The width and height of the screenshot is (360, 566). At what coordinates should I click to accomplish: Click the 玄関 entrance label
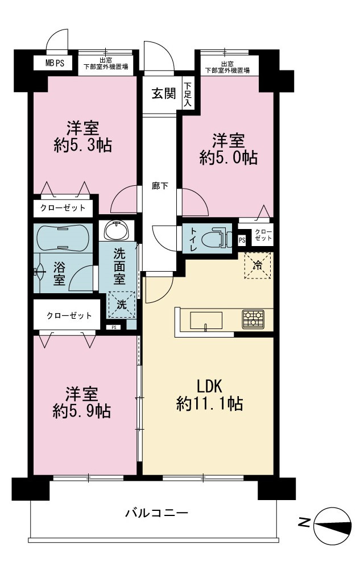coord(164,94)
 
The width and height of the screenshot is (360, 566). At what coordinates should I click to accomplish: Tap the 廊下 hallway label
coord(160,186)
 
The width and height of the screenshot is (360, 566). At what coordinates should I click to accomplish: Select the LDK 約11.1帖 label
coord(209,396)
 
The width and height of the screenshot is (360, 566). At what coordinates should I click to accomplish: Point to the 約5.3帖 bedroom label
coord(82,137)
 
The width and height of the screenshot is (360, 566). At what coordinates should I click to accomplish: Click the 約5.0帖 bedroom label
coord(228,149)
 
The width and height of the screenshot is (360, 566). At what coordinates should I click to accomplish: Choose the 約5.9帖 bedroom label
coord(81,403)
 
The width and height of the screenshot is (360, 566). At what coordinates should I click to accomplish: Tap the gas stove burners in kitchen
coord(253,319)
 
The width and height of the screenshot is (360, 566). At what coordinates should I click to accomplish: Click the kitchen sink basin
coord(206,321)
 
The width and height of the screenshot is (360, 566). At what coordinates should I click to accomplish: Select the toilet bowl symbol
coord(216,238)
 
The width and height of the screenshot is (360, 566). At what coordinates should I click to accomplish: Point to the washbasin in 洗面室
coord(116,230)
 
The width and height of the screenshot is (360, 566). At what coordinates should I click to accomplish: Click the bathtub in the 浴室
coord(63,238)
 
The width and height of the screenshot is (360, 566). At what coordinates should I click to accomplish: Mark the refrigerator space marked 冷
coord(258,266)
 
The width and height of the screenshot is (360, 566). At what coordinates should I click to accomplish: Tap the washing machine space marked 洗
coord(122,305)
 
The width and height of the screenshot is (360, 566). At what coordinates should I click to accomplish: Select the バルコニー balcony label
coord(156,513)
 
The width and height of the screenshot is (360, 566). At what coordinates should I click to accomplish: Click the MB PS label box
coord(54,63)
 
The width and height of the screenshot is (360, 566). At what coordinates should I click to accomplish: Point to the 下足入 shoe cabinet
coord(188,95)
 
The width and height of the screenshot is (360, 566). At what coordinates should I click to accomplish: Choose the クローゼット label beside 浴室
coord(69,316)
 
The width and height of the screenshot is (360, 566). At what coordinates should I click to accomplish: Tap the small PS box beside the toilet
coord(242,240)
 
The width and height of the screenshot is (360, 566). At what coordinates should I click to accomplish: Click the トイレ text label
coord(191,239)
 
